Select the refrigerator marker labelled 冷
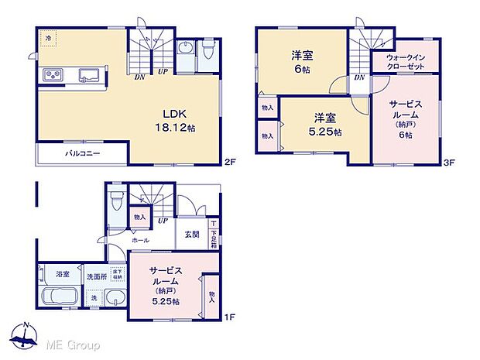coord(48,38)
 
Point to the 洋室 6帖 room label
coord(301,61)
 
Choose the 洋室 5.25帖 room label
coord(324,124)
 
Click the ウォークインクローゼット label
coord(406,63)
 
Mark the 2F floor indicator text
coord(229,163)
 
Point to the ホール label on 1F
coord(140,241)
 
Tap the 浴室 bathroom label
coord(63,273)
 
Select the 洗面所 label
coord(95,276)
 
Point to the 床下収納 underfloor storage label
coord(117,275)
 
